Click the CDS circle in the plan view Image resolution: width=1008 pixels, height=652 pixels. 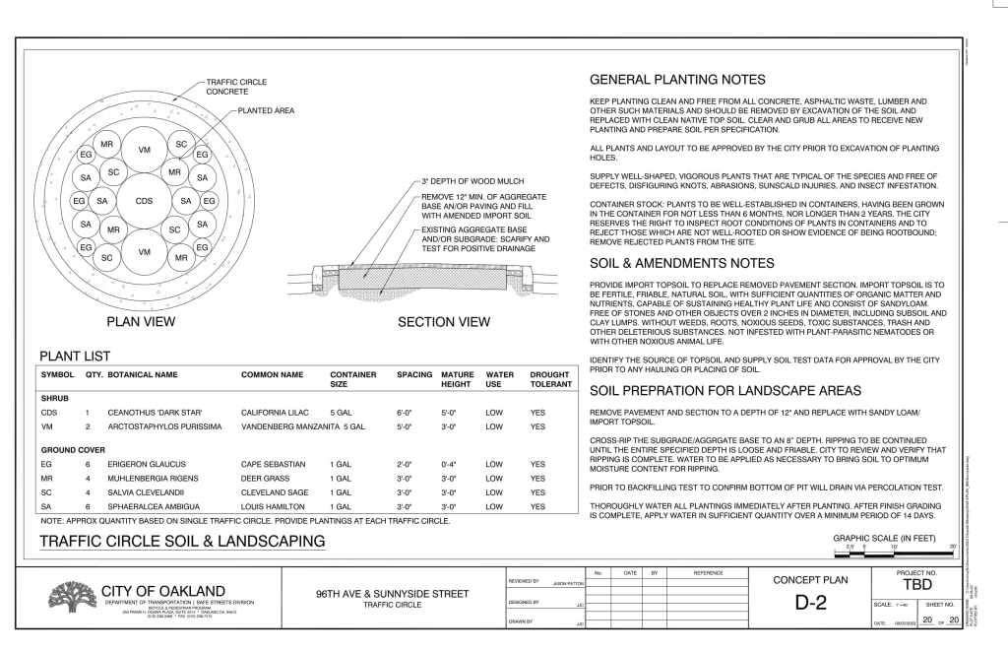pos(145,201)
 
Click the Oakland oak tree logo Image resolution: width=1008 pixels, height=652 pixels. pos(72,597)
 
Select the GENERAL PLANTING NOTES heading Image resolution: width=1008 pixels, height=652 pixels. pos(676,80)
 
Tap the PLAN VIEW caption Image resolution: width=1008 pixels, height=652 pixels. pos(141,321)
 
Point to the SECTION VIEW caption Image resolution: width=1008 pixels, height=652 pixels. pos(443,321)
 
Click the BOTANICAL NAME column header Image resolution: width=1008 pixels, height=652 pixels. pos(143,375)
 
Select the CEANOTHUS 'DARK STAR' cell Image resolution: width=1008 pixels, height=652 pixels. pos(154,413)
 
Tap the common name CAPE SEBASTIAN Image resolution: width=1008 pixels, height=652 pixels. pos(274,463)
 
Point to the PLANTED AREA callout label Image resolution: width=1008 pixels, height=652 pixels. pos(266,111)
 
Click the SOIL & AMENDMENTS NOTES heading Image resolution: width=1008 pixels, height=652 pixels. pos(681,263)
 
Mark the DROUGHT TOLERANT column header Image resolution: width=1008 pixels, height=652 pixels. pos(550,380)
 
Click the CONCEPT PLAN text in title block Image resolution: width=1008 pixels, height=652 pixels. pos(809,579)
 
